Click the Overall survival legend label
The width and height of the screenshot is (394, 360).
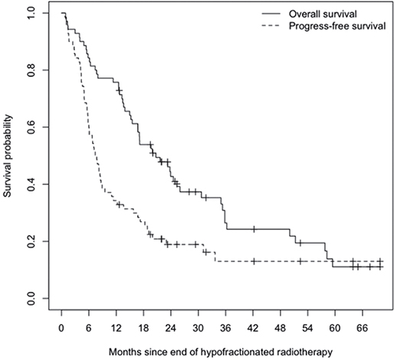click(323, 14)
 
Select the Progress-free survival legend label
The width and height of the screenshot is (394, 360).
click(337, 26)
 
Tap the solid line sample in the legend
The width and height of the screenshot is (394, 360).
click(271, 14)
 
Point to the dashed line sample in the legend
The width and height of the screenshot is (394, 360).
click(271, 26)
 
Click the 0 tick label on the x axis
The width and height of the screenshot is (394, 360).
click(61, 328)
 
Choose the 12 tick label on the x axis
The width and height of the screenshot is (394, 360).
click(116, 328)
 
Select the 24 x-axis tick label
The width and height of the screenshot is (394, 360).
click(171, 328)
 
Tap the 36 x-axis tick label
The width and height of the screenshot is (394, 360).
click(225, 328)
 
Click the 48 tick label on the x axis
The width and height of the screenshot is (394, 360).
click(281, 328)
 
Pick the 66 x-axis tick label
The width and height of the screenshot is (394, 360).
click(363, 328)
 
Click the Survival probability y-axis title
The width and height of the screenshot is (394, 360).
click(8, 156)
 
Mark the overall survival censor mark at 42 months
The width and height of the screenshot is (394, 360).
click(254, 229)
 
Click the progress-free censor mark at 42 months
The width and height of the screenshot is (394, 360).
click(254, 261)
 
